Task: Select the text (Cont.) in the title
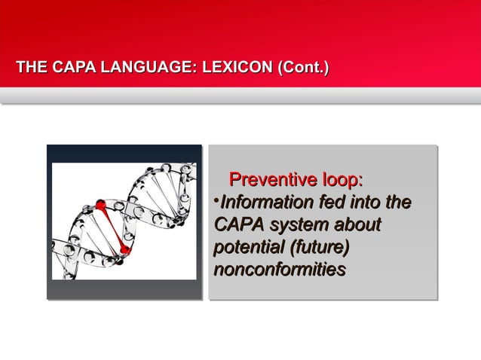coord(303,71)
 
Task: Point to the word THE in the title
coord(30,71)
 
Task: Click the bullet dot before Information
coord(216,200)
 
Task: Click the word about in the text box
coord(357,224)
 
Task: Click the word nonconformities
coord(280,269)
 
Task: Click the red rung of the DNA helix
coord(112,226)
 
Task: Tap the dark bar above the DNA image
coord(124,154)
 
